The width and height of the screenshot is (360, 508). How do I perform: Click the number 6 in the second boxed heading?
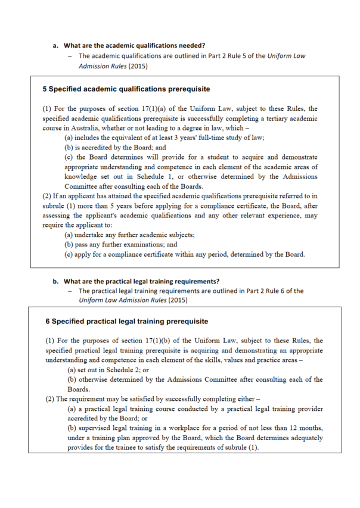click(48, 321)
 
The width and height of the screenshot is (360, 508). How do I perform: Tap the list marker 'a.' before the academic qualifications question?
click(55, 45)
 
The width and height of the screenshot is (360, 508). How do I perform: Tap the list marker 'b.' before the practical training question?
click(55, 281)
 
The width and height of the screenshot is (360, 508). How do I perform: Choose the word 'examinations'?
click(159, 245)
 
